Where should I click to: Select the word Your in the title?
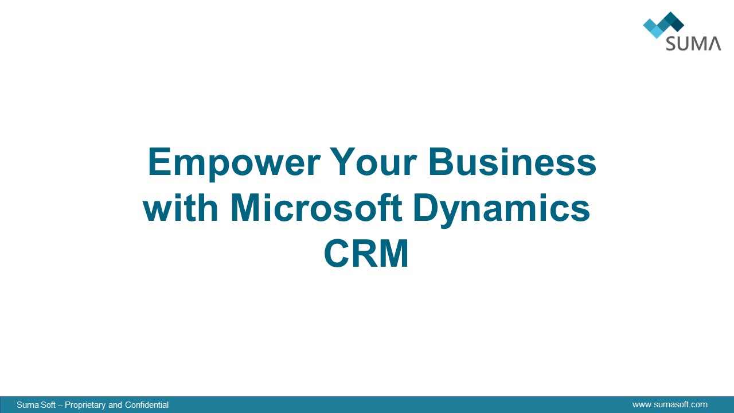[373, 162]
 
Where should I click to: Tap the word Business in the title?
[513, 162]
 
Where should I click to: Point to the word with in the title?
[181, 208]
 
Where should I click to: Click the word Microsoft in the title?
[317, 208]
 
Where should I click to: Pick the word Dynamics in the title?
[502, 210]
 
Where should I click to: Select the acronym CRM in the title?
[366, 254]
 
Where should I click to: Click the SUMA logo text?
[693, 44]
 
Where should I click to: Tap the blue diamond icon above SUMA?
[663, 25]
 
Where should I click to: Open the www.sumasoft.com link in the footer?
[670, 404]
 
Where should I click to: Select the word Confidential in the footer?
[147, 405]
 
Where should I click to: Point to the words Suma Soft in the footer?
[36, 405]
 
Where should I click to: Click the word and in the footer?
[115, 405]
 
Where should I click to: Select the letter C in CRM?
[336, 254]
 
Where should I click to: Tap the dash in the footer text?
[60, 406]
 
